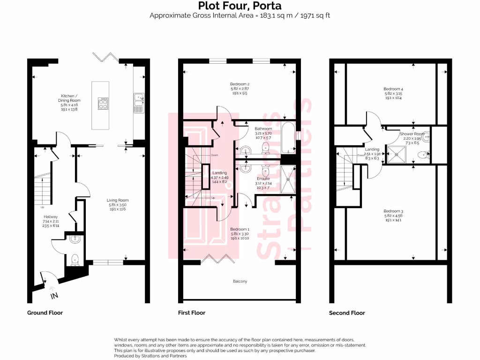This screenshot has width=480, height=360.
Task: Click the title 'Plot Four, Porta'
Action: tap(240, 6)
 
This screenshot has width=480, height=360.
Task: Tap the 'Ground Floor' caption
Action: tap(45, 313)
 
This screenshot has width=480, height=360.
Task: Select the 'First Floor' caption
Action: tap(191, 313)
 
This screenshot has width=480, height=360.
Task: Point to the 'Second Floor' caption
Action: tap(347, 313)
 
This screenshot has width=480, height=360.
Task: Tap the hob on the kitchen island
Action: tap(103, 103)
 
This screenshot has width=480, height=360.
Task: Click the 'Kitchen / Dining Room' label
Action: tap(69, 100)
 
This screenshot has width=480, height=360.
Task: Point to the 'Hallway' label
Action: tap(50, 217)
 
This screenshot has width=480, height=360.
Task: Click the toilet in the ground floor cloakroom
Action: tap(75, 259)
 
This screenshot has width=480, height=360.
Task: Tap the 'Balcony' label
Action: tap(240, 281)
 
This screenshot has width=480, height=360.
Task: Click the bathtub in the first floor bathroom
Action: tap(287, 137)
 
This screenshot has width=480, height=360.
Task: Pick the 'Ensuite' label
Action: tap(262, 179)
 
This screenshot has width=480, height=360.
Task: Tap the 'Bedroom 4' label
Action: tap(393, 89)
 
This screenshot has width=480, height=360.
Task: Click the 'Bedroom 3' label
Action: tap(393, 211)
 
